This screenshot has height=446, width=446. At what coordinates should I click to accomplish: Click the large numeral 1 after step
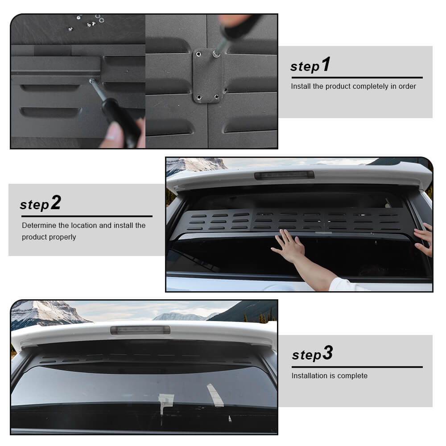326,64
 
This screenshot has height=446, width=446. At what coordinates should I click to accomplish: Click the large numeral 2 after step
56,202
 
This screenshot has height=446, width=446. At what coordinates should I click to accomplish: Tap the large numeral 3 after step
327,353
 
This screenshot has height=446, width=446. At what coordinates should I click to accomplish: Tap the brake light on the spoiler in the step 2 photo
284,175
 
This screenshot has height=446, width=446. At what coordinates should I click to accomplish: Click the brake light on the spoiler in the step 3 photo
140,330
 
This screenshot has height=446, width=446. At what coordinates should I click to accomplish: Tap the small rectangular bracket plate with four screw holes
207,76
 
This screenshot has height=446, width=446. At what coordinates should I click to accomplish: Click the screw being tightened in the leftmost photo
91,81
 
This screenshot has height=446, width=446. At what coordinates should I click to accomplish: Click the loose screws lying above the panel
87,22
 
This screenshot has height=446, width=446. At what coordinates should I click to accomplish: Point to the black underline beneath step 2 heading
87,216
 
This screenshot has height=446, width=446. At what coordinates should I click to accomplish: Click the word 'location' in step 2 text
84,225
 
